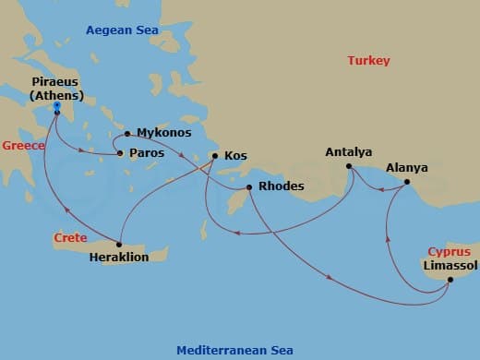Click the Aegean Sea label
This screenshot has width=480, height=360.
pos(122,30)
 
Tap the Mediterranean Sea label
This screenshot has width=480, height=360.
pos(234,350)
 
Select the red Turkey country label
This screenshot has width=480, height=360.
pos(368,61)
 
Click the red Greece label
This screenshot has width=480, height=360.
pos(23,146)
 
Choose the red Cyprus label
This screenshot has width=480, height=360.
pos(449,251)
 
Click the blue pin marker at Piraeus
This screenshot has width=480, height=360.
pos(56,108)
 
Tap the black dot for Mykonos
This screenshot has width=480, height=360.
pos(127,133)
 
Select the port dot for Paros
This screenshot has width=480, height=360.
pos(119,153)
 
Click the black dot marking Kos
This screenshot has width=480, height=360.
pos(214,156)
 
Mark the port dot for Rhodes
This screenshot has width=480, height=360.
pos(247,188)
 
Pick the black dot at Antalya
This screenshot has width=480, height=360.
pos(349,166)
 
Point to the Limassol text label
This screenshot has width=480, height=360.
pos(450,266)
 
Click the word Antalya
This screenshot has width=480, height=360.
pos(349,151)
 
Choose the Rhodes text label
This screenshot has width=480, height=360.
pos(281,186)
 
